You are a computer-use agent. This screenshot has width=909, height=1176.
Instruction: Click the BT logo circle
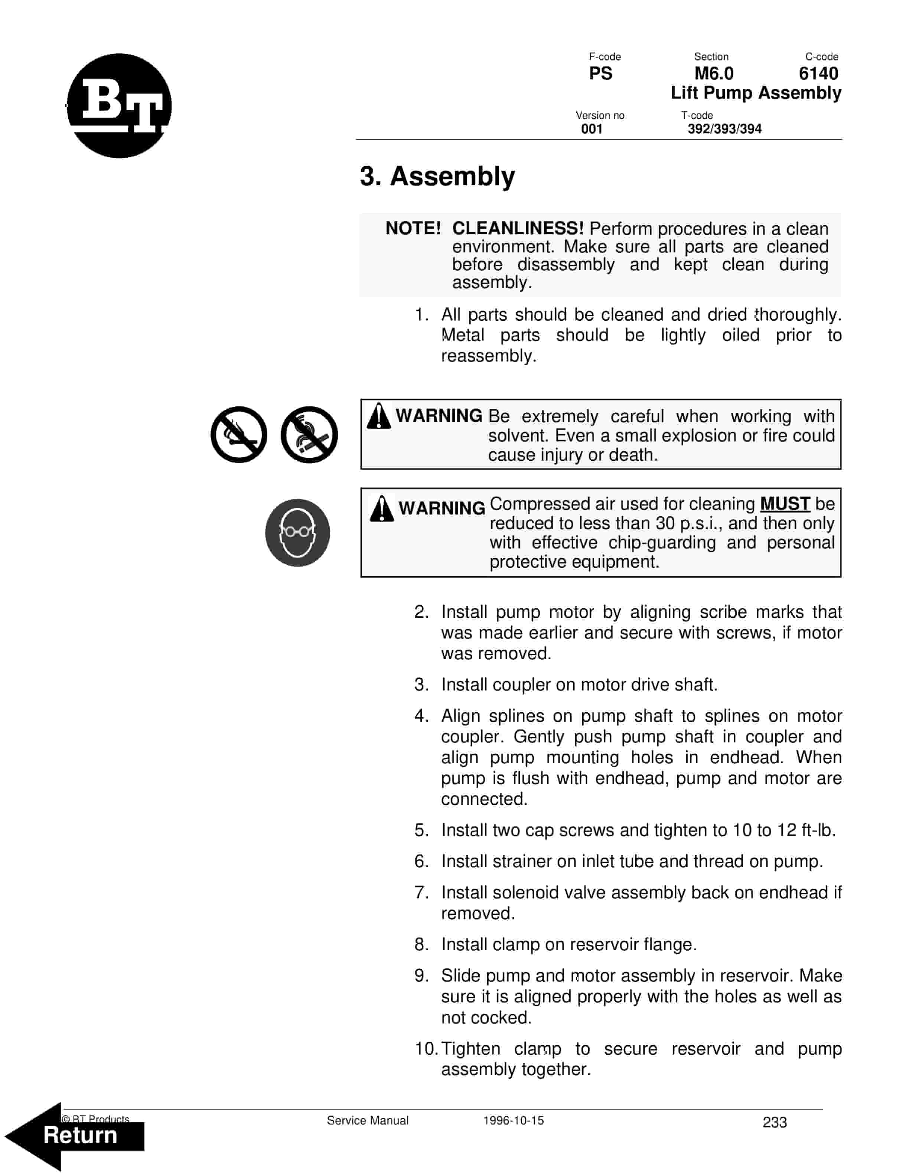click(x=119, y=105)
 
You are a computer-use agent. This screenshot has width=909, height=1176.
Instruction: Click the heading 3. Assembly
click(x=437, y=176)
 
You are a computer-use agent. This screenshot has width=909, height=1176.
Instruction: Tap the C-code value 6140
click(x=818, y=73)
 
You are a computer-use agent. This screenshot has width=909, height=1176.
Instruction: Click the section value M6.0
click(x=714, y=73)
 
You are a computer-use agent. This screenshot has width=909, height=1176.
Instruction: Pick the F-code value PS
click(x=600, y=73)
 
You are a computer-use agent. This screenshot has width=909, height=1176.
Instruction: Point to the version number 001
click(x=591, y=129)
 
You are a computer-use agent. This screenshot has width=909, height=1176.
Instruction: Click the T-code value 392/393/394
click(x=724, y=129)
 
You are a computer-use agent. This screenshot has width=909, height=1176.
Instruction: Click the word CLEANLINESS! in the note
click(x=518, y=228)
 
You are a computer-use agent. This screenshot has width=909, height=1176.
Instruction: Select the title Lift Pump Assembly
click(x=756, y=92)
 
